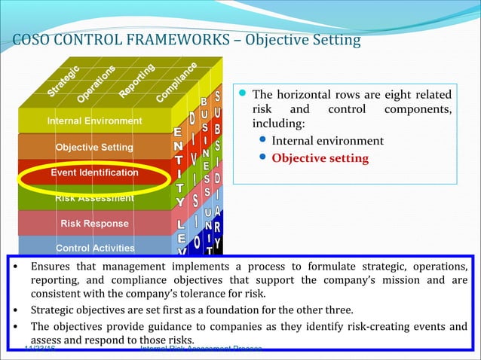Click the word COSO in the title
pyautogui.click(x=32, y=39)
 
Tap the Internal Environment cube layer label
pyautogui.click(x=94, y=121)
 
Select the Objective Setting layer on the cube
pyautogui.click(x=94, y=147)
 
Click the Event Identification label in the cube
pyautogui.click(x=94, y=172)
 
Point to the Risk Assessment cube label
pyautogui.click(x=94, y=198)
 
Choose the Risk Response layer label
pyautogui.click(x=94, y=224)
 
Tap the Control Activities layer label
pyautogui.click(x=95, y=248)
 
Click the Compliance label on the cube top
pyautogui.click(x=177, y=83)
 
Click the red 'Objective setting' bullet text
pyautogui.click(x=320, y=158)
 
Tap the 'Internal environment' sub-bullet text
pyautogui.click(x=327, y=141)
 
